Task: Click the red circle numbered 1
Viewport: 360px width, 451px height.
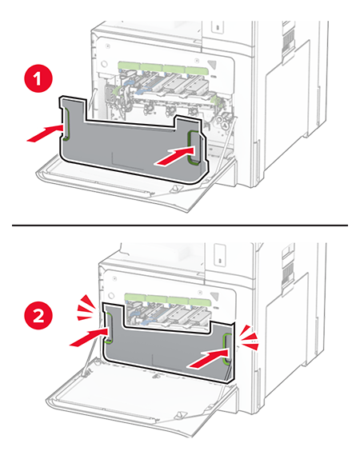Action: coord(38,78)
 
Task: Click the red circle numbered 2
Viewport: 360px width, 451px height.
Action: coord(38,315)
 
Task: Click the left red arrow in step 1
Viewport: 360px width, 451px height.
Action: coord(45,134)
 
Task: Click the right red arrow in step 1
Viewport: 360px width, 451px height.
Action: coord(174,156)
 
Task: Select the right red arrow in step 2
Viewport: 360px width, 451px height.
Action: coord(208,357)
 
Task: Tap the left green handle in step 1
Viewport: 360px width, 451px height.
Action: coord(66,124)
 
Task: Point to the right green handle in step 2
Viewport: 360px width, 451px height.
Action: coord(226,349)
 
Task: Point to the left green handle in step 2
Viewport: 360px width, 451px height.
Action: coord(109,328)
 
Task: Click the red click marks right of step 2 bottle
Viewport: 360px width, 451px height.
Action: coord(250,337)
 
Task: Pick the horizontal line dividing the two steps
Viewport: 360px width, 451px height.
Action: coord(180,225)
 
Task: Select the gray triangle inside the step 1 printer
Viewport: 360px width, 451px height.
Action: coord(212,65)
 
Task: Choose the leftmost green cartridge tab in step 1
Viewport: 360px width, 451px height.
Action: coord(129,66)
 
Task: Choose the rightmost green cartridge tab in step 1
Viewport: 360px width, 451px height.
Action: coord(197,70)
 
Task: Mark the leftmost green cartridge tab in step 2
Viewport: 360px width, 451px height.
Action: coord(135,298)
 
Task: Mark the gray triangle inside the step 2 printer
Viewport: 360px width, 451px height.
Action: coord(214,297)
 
